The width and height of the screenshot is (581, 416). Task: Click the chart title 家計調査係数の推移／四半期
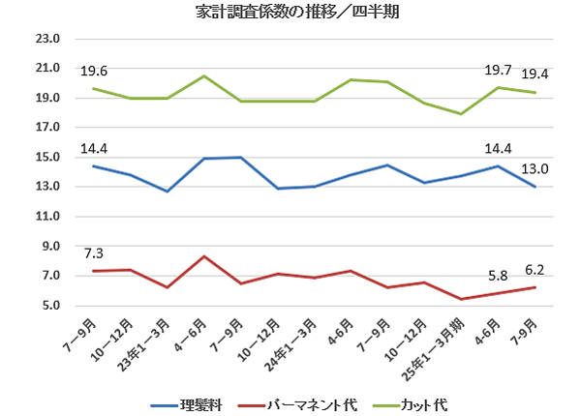pyautogui.click(x=290, y=13)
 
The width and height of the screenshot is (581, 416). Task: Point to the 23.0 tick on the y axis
pyautogui.click(x=46, y=40)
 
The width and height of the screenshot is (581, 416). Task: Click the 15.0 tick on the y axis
pyautogui.click(x=46, y=158)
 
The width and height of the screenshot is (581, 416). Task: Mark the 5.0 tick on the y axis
pyautogui.click(x=46, y=306)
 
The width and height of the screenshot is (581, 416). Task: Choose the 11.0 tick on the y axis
pyautogui.click(x=46, y=217)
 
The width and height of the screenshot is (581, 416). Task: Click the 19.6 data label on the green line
pyautogui.click(x=94, y=71)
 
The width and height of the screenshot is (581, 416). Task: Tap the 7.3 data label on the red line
pyautogui.click(x=94, y=253)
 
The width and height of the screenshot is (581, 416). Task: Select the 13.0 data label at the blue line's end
pyautogui.click(x=535, y=168)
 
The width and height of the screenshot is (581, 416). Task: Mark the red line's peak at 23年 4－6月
pyautogui.click(x=204, y=256)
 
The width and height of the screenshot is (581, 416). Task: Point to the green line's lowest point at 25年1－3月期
pyautogui.click(x=462, y=114)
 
